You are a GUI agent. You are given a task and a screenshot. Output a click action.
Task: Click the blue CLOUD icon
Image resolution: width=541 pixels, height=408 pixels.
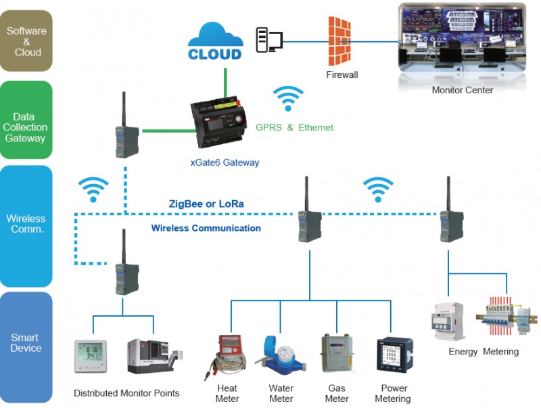point(215,41)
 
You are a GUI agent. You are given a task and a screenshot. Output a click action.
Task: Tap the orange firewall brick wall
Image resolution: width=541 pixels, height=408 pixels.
point(339,41)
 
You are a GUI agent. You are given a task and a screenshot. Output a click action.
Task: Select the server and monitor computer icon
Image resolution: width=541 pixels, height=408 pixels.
point(269,40)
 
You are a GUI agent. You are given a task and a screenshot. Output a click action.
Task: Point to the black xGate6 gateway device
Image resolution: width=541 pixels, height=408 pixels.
point(218,122)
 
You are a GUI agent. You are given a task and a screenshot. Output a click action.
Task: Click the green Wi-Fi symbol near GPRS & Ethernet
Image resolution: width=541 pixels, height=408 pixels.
point(288,98)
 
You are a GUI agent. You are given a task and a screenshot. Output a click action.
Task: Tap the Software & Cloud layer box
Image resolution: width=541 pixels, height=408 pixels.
point(26,41)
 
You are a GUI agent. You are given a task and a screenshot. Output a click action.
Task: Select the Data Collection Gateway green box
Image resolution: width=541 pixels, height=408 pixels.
point(26,120)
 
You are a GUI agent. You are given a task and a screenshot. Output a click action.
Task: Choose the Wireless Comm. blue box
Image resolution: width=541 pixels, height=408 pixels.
point(26,226)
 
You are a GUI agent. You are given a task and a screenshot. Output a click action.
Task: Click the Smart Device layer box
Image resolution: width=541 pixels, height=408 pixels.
point(26,347)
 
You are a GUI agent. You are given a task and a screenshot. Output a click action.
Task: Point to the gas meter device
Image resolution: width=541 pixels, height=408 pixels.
point(337,353)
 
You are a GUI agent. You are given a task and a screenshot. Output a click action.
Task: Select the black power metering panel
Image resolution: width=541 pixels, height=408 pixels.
point(394,355)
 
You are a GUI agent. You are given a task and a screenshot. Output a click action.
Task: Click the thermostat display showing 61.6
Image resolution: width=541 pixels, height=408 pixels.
point(91,356)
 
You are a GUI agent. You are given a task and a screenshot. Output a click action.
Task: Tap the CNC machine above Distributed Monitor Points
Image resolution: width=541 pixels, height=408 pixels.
point(155,356)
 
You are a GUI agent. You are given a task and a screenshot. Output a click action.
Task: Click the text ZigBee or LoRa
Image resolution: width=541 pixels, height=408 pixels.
point(206,204)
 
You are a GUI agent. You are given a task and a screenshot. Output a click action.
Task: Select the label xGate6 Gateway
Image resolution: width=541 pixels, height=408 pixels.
point(225,162)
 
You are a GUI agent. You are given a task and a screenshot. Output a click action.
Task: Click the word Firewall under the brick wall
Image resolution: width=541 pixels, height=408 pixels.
point(342,74)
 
